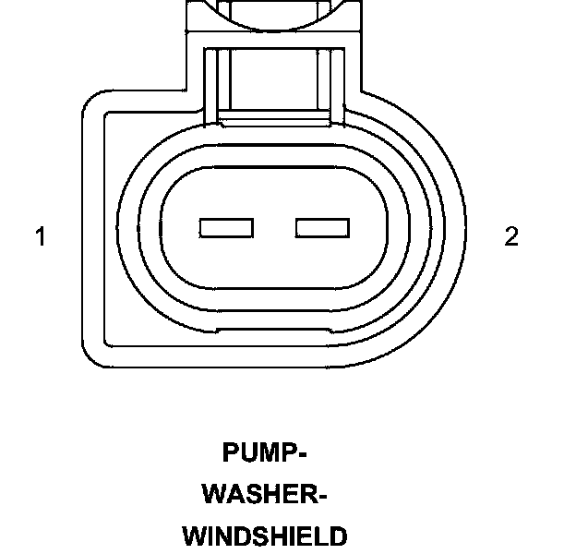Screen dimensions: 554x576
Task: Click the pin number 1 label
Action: point(41,237)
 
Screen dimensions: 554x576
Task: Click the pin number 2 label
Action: point(511,237)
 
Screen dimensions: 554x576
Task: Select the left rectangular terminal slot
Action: point(226,227)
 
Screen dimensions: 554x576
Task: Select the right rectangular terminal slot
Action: point(322,227)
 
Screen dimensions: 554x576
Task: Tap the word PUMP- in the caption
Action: point(264,453)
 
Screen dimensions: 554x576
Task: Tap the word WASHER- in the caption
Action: point(264,495)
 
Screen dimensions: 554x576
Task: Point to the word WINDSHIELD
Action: point(264,536)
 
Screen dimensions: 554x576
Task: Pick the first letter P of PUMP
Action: point(231,453)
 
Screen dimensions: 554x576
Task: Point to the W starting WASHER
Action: point(215,495)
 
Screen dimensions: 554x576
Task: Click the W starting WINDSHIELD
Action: point(195,536)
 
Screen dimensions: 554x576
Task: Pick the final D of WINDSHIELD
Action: point(338,536)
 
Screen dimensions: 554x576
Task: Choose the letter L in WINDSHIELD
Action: point(322,536)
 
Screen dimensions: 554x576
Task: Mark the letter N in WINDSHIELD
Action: point(228,536)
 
